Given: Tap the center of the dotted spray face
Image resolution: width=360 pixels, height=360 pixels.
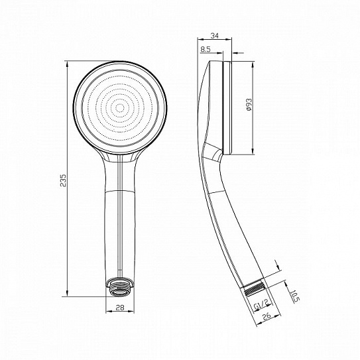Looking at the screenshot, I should [x=120, y=107].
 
